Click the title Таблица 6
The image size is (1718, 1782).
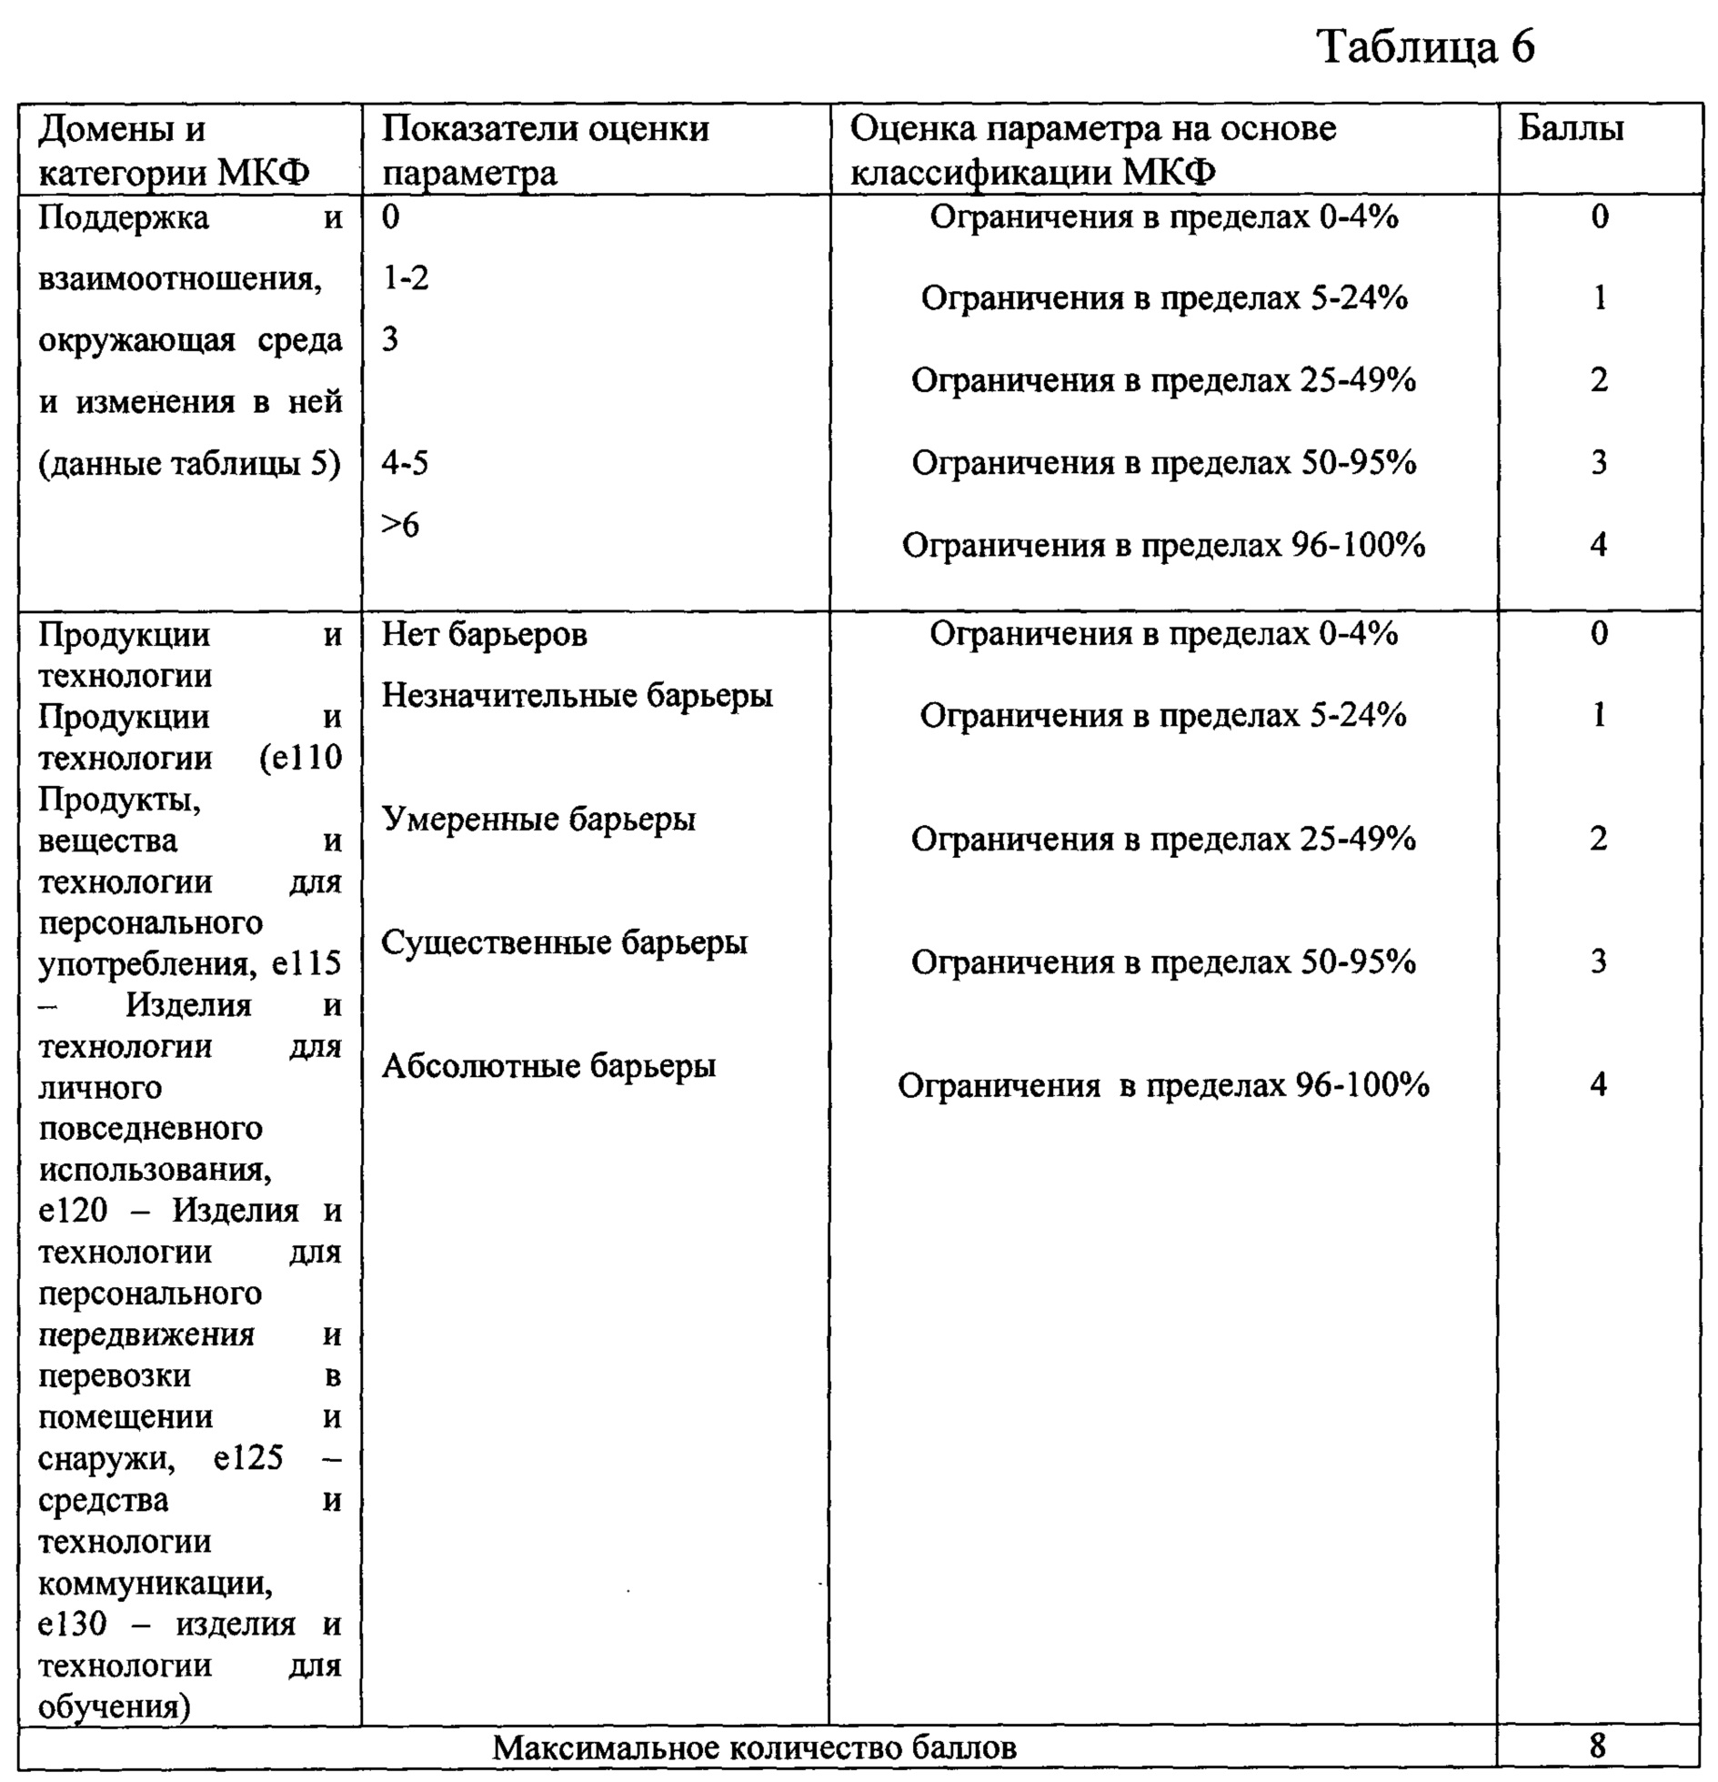pos(1425,47)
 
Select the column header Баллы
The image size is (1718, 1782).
pos(1570,129)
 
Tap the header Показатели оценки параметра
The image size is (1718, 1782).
pos(544,150)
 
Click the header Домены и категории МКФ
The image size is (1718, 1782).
pos(173,150)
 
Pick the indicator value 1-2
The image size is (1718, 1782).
pos(405,278)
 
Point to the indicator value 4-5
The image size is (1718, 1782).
pos(405,464)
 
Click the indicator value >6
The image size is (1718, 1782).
pos(400,525)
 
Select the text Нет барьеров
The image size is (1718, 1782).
pos(484,635)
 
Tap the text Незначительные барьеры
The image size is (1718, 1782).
pos(577,696)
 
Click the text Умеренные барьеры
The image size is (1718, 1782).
pos(538,820)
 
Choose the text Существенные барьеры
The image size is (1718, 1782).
pos(564,943)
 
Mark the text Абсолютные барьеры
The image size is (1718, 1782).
pos(548,1066)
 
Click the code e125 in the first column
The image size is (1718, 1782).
pos(248,1458)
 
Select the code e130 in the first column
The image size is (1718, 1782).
pos(72,1625)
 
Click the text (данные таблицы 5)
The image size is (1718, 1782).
pos(189,465)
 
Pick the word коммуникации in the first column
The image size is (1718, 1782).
pos(155,1584)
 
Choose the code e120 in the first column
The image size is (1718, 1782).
pos(72,1211)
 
